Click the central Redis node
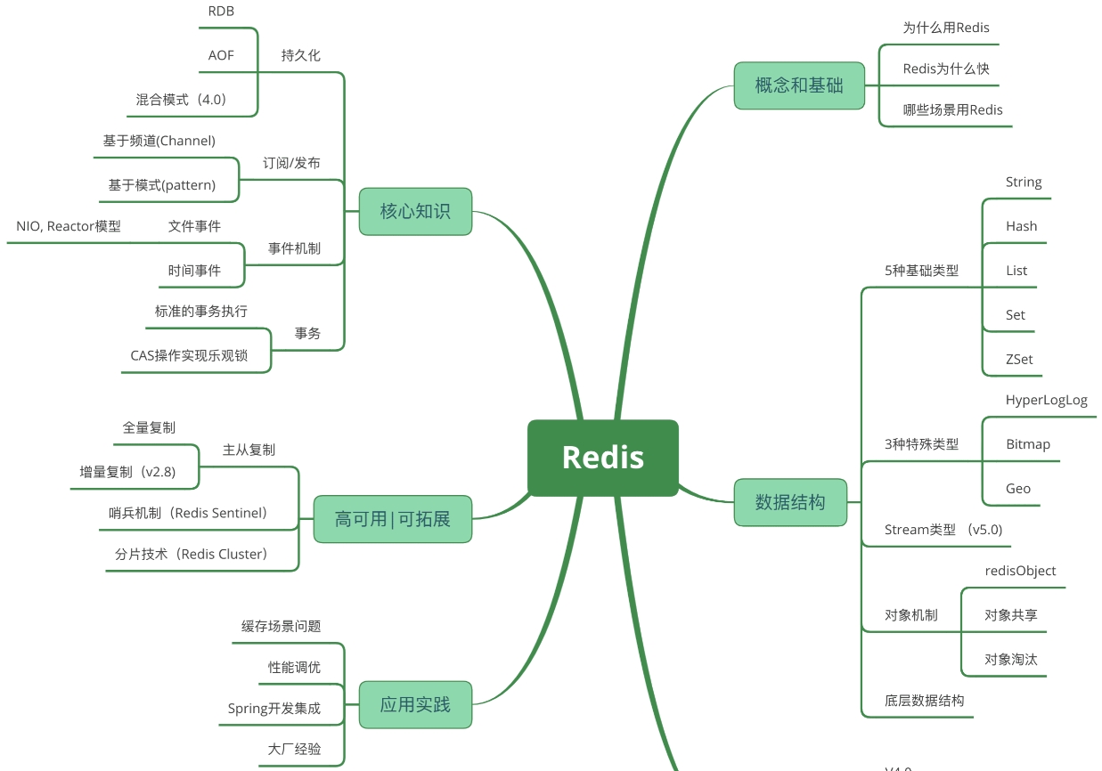pos(603,458)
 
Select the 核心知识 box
pos(415,211)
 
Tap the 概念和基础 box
pos(799,85)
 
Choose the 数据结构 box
pos(790,502)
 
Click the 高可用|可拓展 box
pos(392,519)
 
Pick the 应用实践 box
pos(415,705)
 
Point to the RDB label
pos(221,12)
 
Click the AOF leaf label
pos(221,55)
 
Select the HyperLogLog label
pos(1047,401)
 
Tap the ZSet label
pos(1019,360)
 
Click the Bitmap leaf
pos(1028,444)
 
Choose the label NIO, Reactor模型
pos(69,226)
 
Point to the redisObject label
pos(1021,571)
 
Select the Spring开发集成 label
pos(274,709)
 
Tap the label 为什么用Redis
pos(946,28)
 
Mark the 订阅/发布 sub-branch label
pos(291,164)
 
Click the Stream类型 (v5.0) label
pos(943,530)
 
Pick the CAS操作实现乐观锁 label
pos(189,356)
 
